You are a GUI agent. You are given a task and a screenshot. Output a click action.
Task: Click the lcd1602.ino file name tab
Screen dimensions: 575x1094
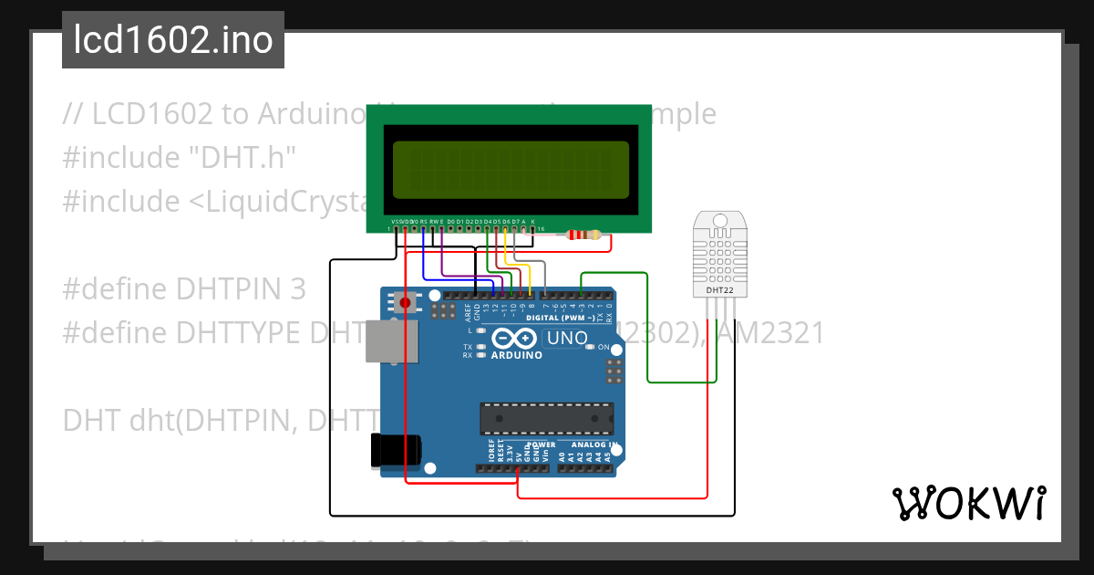pos(173,40)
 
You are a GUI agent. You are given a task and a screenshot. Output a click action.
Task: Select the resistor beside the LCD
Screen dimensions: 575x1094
pos(583,235)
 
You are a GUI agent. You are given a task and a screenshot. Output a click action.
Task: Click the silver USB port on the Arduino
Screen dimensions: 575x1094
pos(391,343)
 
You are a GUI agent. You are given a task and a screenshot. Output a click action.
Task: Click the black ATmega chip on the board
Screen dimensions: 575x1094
pos(545,417)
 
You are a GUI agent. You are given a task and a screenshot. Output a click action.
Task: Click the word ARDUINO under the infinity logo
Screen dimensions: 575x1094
pos(514,357)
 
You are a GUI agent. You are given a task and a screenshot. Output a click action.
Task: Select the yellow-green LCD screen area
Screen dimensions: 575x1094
pos(511,171)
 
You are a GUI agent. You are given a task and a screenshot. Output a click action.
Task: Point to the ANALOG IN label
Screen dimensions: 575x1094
pos(593,445)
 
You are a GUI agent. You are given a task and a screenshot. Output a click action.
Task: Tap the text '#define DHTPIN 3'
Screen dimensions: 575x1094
pos(184,289)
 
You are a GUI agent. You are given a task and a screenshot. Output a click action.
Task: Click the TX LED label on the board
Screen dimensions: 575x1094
pos(468,347)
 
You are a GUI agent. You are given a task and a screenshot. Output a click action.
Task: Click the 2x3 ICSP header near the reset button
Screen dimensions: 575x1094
pos(444,312)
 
